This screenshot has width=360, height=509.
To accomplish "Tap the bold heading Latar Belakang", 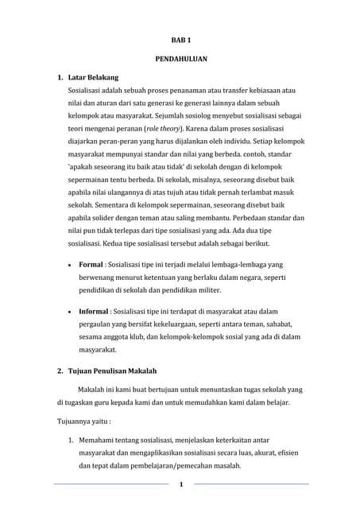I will pos(93,77).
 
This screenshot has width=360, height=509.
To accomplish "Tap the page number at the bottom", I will pos(181,484).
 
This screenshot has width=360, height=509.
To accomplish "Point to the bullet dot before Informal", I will pos(72,313).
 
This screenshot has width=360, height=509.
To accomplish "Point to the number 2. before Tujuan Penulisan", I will pos(60,371).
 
